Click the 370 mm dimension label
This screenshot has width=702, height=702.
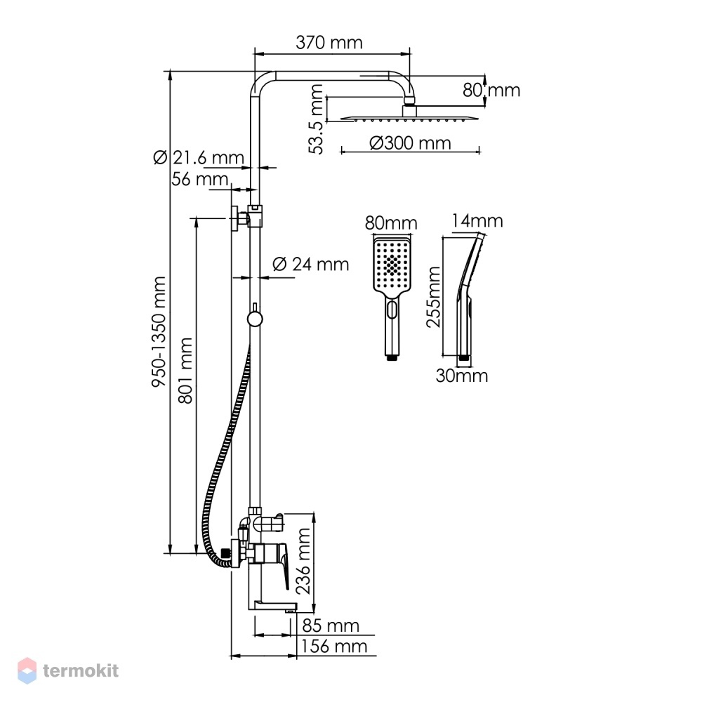329,43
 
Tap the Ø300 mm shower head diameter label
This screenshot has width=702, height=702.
410,143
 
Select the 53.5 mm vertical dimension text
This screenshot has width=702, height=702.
316,119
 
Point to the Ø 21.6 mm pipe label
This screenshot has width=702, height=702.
199,157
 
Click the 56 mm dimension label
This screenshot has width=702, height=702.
199,179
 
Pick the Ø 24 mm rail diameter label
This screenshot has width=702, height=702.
310,264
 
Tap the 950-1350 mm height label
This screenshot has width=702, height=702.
159,332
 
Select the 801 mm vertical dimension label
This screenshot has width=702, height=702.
185,371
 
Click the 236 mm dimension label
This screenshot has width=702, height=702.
303,561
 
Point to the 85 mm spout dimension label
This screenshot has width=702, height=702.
331,625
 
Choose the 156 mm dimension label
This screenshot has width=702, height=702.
333,647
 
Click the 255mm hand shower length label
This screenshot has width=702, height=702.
433,297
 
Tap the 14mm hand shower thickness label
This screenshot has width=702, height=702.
477,220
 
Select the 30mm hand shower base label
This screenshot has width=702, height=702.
462,376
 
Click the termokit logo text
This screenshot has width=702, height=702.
81,670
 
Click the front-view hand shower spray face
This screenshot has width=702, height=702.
392,266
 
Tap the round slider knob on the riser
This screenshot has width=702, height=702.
255,319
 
